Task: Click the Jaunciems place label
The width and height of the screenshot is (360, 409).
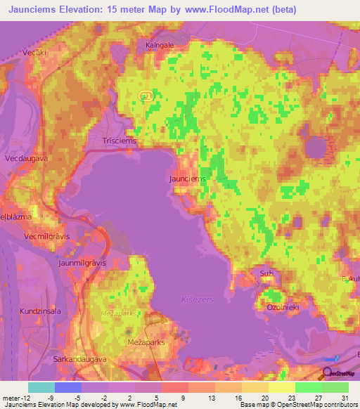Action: click(188, 178)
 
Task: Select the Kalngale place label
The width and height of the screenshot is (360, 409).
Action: click(159, 45)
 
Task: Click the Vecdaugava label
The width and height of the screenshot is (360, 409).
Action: click(24, 160)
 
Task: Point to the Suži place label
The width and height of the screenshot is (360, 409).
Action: click(266, 271)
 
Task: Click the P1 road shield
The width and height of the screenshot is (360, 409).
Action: click(146, 94)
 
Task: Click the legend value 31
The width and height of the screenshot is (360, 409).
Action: click(345, 398)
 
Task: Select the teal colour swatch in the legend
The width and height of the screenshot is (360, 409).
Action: click(41, 387)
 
